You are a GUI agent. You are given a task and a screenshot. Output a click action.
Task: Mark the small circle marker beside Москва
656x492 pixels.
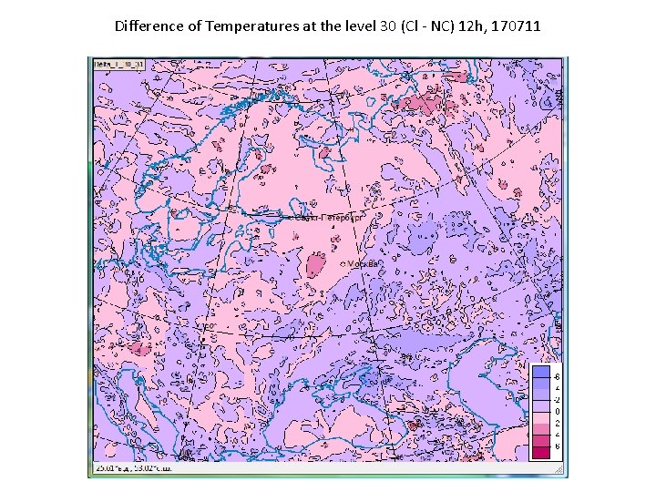343,263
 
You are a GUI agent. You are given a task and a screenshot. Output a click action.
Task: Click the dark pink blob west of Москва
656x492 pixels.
316,266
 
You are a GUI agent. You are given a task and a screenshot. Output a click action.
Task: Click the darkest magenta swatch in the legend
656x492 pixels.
541,451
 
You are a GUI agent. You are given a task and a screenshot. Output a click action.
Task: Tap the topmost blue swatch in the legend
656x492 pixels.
541,372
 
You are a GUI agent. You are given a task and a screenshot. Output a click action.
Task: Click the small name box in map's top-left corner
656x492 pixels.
122,65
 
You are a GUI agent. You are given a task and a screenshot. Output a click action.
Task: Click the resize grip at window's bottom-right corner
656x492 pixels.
560,471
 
